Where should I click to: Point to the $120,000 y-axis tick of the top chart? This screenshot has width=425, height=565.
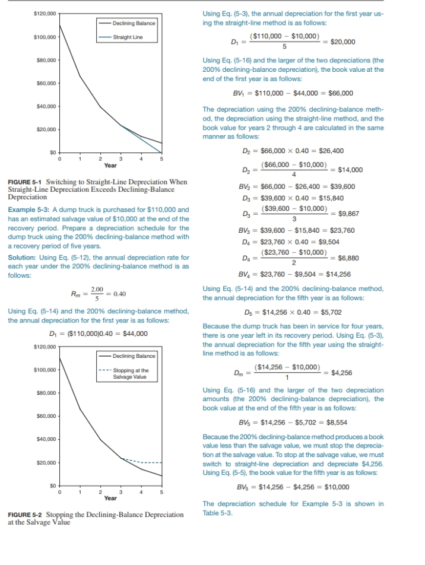[x=45, y=13]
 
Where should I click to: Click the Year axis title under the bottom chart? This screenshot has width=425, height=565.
[x=110, y=498]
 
